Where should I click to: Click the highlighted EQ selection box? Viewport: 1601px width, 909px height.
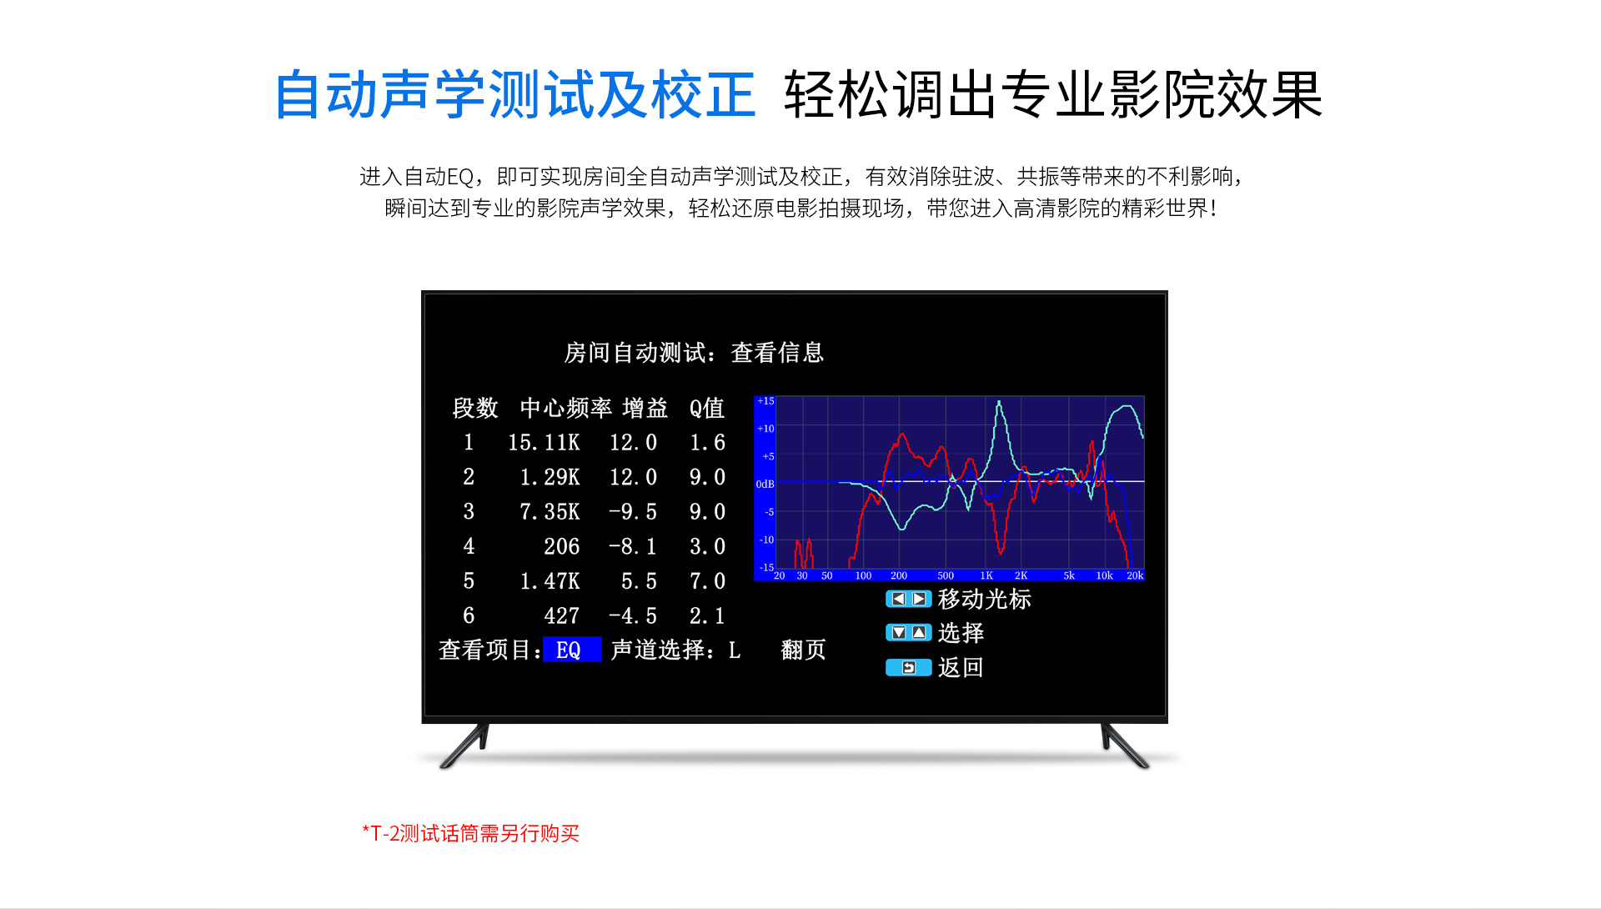point(572,650)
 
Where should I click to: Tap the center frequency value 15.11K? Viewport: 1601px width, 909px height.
point(544,443)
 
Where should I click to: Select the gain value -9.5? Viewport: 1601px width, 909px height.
point(633,512)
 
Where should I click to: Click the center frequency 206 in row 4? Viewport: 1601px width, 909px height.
point(561,547)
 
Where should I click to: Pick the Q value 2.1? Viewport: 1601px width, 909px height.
point(707,616)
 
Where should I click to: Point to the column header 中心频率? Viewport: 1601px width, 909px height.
point(566,408)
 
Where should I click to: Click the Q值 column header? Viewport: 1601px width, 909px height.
point(707,408)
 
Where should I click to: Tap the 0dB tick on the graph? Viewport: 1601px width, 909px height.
point(765,485)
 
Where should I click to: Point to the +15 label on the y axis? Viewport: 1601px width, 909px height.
point(765,401)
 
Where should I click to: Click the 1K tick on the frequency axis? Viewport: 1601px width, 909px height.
point(986,575)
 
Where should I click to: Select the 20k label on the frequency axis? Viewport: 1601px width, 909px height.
point(1135,575)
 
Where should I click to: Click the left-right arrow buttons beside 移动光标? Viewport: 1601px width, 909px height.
point(908,599)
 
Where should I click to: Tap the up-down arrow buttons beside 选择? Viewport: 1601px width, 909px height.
point(908,633)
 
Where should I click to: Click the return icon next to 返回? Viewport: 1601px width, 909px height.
point(908,667)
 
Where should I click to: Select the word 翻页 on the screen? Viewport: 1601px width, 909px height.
point(803,650)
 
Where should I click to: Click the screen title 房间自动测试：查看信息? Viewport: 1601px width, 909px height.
point(694,353)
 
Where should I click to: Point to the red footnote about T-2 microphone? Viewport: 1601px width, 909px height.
point(470,833)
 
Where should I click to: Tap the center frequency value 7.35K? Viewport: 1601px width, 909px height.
point(550,512)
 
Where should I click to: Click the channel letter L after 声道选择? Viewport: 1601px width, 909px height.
point(735,650)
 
